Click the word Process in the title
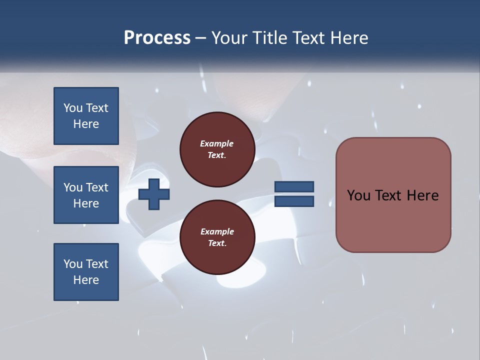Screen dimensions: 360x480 157,38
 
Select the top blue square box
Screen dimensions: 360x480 86,116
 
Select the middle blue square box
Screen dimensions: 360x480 86,195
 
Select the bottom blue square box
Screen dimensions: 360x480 86,272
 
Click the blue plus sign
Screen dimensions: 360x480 154,194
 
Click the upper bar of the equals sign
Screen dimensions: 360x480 294,187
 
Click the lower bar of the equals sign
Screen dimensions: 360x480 294,201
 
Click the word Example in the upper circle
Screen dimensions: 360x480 217,143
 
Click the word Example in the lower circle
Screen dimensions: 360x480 217,231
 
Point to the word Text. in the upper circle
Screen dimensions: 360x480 217,155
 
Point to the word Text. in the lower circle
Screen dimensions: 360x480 217,243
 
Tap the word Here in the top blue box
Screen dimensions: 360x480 86,124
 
